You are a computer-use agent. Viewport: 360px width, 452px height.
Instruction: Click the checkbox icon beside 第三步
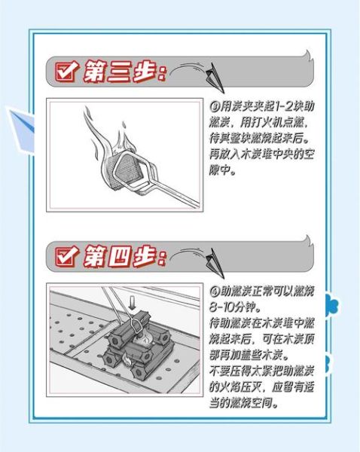(64, 72)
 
